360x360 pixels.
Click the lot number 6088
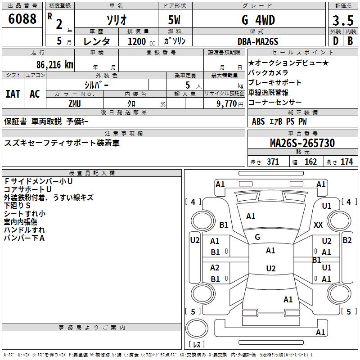pyautogui.click(x=22, y=18)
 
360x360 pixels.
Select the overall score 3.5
pyautogui.click(x=343, y=20)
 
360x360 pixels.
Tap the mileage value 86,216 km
pyautogui.click(x=55, y=65)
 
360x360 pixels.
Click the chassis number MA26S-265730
pyautogui.click(x=302, y=143)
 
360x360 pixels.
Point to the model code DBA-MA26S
pyautogui.click(x=258, y=41)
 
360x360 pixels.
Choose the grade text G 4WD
pyautogui.click(x=258, y=20)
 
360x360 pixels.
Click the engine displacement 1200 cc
pyautogui.click(x=141, y=41)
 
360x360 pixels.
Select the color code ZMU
pyautogui.click(x=75, y=104)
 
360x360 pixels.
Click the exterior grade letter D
pyautogui.click(x=336, y=41)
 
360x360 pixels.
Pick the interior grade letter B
pyautogui.click(x=350, y=41)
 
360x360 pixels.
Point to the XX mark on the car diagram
pyautogui.click(x=318, y=225)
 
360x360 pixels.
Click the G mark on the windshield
pyautogui.click(x=257, y=237)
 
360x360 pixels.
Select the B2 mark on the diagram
pyautogui.click(x=347, y=240)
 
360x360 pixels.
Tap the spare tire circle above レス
pyautogui.click(x=197, y=328)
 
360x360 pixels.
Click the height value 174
pyautogui.click(x=346, y=162)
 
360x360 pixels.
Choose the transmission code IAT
pyautogui.click(x=13, y=94)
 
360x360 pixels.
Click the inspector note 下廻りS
pyautogui.click(x=17, y=205)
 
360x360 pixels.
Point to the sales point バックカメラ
pyautogui.click(x=268, y=72)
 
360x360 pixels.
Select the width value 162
pyautogui.click(x=310, y=162)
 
